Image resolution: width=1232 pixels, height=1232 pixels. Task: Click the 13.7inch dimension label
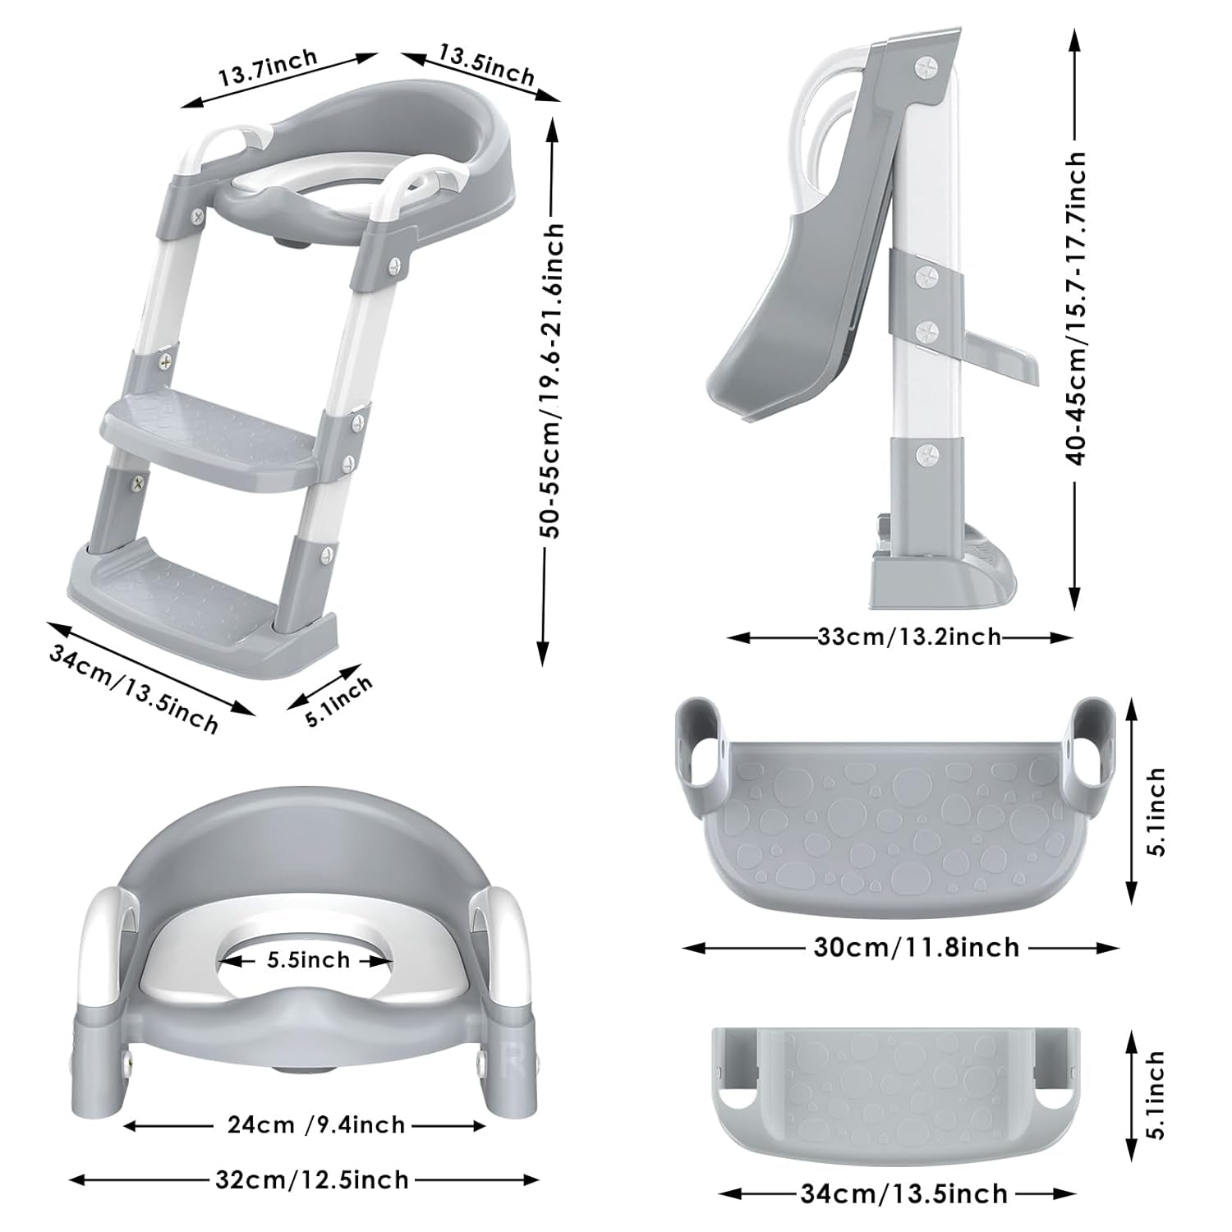click(x=267, y=68)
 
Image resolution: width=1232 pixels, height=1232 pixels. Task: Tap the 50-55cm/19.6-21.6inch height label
click(x=555, y=380)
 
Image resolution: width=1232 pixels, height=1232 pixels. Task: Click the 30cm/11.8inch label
click(x=916, y=947)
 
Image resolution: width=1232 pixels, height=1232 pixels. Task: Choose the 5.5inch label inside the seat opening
click(x=308, y=959)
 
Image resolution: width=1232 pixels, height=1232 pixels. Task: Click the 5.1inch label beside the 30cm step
click(x=1156, y=812)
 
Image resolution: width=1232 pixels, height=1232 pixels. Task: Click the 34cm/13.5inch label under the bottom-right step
click(x=903, y=1193)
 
